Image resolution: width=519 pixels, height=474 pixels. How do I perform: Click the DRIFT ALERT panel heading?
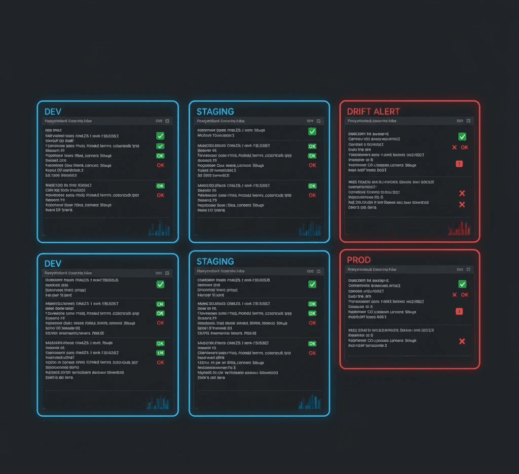pyautogui.click(x=373, y=112)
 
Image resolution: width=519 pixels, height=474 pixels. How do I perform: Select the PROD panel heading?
pyautogui.click(x=359, y=260)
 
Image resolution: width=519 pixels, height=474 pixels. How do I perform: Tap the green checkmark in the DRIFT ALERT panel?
pyautogui.click(x=462, y=137)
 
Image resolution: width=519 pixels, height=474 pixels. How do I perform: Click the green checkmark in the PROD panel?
pyautogui.click(x=462, y=284)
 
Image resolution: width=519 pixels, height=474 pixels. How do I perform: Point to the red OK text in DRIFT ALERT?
pyautogui.click(x=464, y=147)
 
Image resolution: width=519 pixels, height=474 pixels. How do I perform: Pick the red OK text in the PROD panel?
pyautogui.click(x=464, y=295)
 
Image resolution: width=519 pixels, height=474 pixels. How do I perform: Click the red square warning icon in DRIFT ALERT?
pyautogui.click(x=460, y=163)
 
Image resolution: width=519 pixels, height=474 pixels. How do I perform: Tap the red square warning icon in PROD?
pyautogui.click(x=460, y=311)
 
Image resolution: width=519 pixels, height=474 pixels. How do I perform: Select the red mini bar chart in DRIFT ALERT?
pyautogui.click(x=460, y=229)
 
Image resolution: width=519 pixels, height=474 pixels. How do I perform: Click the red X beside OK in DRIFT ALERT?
pyautogui.click(x=454, y=147)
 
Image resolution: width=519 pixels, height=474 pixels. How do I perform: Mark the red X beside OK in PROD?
pyautogui.click(x=454, y=295)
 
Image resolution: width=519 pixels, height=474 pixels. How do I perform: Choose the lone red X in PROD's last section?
pyautogui.click(x=462, y=341)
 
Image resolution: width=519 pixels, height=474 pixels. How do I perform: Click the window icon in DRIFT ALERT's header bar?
pyautogui.click(x=468, y=121)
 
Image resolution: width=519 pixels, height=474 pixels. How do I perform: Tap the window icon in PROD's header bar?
pyautogui.click(x=468, y=269)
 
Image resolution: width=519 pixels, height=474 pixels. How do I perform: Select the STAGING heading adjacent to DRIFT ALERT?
pyautogui.click(x=215, y=112)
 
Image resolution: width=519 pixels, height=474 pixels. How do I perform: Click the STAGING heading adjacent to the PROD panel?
pyautogui.click(x=215, y=262)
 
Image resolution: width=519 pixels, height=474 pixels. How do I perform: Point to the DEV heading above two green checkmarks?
pyautogui.click(x=53, y=112)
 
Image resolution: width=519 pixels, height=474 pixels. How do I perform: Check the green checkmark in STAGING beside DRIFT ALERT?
pyautogui.click(x=312, y=131)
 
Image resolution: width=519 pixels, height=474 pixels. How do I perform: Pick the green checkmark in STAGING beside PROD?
pyautogui.click(x=312, y=284)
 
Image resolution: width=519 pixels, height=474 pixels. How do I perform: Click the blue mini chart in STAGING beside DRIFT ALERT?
pyautogui.click(x=310, y=230)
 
